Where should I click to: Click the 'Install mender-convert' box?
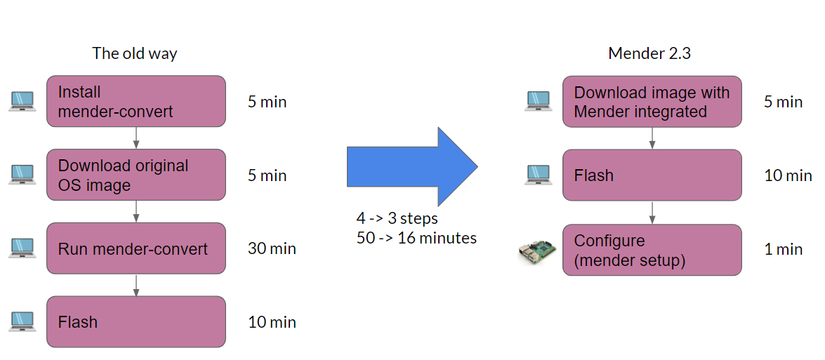click(x=136, y=101)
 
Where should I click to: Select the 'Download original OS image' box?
click(x=136, y=175)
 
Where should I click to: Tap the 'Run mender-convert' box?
click(x=136, y=248)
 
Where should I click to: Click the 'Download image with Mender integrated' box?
click(x=652, y=102)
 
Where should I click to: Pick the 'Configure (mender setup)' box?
click(x=652, y=250)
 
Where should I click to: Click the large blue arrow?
click(x=412, y=167)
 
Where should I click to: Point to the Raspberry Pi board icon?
click(x=536, y=251)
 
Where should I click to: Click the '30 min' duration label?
click(x=272, y=248)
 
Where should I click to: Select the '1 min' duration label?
click(x=783, y=249)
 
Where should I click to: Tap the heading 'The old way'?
click(x=135, y=53)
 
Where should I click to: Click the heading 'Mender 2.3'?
click(x=649, y=53)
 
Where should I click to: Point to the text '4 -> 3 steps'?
click(x=397, y=218)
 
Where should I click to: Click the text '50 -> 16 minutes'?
click(x=416, y=238)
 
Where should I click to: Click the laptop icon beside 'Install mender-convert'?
click(x=22, y=102)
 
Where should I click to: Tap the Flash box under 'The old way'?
click(x=136, y=321)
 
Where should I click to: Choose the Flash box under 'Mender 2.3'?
click(x=652, y=175)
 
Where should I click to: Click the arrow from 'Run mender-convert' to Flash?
click(x=136, y=284)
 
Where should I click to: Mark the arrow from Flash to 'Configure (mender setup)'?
click(x=652, y=211)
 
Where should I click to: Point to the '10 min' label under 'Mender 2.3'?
click(x=788, y=175)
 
